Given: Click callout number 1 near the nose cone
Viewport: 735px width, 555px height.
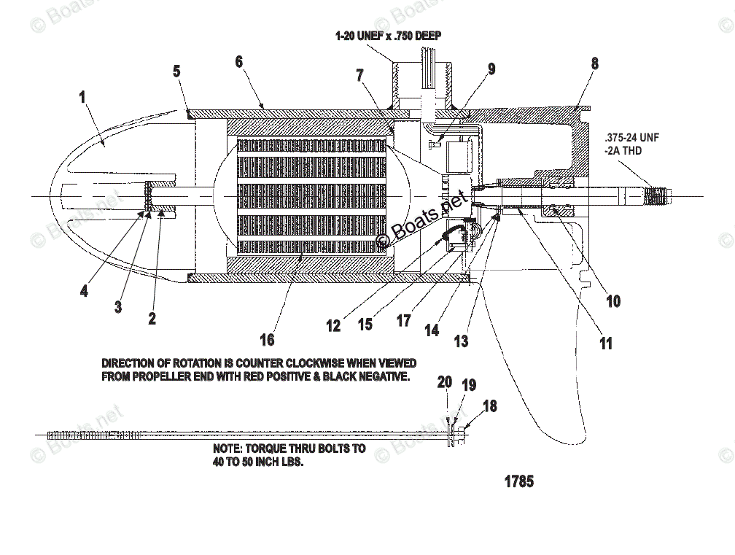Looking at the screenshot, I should click(x=82, y=96).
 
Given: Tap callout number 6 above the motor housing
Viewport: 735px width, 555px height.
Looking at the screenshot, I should click(x=238, y=62).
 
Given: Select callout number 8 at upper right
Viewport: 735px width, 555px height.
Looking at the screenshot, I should click(x=595, y=63).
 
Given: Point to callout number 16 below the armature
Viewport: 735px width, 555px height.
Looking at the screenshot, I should click(x=268, y=339).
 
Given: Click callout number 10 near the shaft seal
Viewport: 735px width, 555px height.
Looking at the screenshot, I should click(x=614, y=300).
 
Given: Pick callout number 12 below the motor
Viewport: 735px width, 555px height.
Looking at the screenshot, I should click(x=333, y=326).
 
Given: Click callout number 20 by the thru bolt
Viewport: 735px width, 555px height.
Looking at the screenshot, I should click(x=445, y=382).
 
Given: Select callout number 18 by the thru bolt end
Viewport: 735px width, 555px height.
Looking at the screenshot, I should click(x=491, y=405).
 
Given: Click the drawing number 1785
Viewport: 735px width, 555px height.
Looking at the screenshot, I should click(x=518, y=481).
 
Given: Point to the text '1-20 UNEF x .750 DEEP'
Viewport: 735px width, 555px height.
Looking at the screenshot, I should click(x=388, y=35).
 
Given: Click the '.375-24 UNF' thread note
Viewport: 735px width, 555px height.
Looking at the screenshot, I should click(x=631, y=137).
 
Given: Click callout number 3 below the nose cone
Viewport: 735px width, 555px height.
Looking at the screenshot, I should click(x=118, y=307).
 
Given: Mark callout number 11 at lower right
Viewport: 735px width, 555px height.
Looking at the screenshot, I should click(x=606, y=344).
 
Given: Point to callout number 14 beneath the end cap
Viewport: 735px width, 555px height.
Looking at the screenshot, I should click(x=432, y=330).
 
